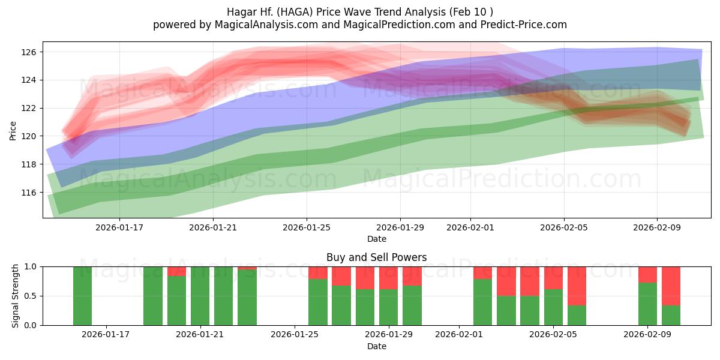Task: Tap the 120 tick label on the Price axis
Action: pos(30,136)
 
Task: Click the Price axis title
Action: pos(13,130)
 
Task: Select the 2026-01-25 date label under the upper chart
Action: pos(307,227)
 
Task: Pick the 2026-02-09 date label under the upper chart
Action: pos(657,227)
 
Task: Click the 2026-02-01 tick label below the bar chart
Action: pos(459,335)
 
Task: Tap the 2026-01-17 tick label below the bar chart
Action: pos(106,335)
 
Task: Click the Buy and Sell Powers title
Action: pos(376,257)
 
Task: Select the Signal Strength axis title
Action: pos(16,296)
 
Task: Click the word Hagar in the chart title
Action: pos(241,11)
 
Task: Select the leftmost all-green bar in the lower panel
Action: pos(82,296)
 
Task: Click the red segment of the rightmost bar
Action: pos(671,286)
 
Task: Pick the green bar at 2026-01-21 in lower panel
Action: pos(200,296)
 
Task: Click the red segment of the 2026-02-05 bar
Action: pos(553,278)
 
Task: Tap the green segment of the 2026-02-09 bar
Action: pos(647,304)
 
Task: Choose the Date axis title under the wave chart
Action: pos(376,239)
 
